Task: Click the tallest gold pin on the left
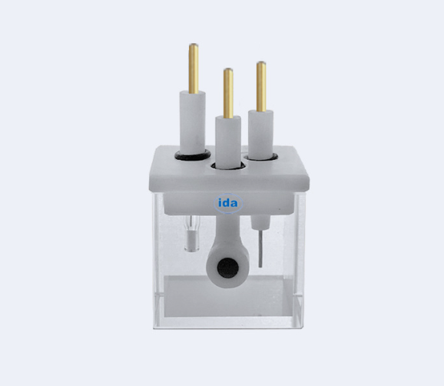tap(194, 68)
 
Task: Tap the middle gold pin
tap(228, 93)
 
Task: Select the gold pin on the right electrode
tap(261, 87)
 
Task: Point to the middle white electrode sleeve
tap(228, 141)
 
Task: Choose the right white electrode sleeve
tap(261, 134)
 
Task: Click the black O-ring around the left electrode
tap(193, 155)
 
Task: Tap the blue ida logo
tap(228, 203)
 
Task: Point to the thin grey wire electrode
tap(260, 248)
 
